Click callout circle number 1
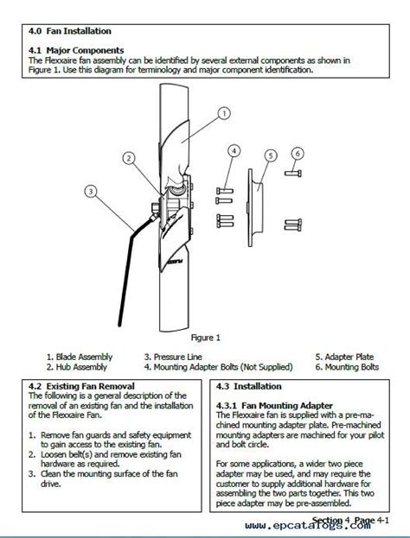point(224,113)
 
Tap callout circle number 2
point(129,158)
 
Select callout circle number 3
point(91,191)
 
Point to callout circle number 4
point(234,151)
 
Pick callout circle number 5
point(271,155)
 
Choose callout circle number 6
point(298,154)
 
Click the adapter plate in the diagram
point(255,207)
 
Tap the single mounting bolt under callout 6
point(293,174)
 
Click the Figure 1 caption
point(206,338)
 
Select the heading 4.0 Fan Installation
point(70,31)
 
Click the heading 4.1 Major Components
point(76,50)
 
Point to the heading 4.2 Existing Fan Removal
point(81,386)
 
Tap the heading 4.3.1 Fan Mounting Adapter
point(274,406)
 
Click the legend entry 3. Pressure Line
point(173,357)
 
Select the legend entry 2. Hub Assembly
point(77,367)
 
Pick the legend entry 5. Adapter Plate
point(344,357)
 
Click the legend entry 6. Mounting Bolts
point(347,367)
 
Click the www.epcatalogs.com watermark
point(308,525)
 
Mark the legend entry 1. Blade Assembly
point(80,357)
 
